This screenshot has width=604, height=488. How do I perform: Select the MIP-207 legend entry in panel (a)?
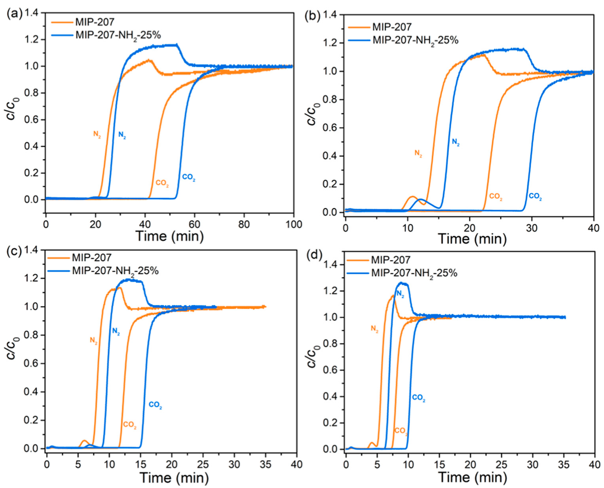[95, 22]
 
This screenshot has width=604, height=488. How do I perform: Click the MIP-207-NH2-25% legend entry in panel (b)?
[415, 40]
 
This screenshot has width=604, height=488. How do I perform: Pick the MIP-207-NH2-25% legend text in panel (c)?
[115, 271]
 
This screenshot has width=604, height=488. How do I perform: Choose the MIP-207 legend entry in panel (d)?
[390, 260]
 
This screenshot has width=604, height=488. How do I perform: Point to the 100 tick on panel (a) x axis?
[294, 224]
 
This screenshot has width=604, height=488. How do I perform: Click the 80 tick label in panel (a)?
[244, 224]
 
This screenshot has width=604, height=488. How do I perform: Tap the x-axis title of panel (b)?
[472, 239]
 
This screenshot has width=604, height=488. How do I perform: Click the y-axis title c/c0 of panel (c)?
[13, 348]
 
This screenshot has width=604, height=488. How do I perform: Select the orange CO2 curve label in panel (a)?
[162, 183]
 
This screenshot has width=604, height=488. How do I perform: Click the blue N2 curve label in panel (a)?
[122, 135]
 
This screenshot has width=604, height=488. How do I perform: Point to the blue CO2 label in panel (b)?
[535, 196]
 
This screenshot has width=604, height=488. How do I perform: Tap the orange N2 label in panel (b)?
[418, 153]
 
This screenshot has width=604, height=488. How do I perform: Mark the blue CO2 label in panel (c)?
[155, 405]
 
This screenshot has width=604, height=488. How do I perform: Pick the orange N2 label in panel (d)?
[374, 328]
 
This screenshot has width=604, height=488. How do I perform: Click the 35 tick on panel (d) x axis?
[564, 464]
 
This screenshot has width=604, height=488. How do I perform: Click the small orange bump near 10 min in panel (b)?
[412, 197]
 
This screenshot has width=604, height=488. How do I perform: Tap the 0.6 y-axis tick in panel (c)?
[32, 363]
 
